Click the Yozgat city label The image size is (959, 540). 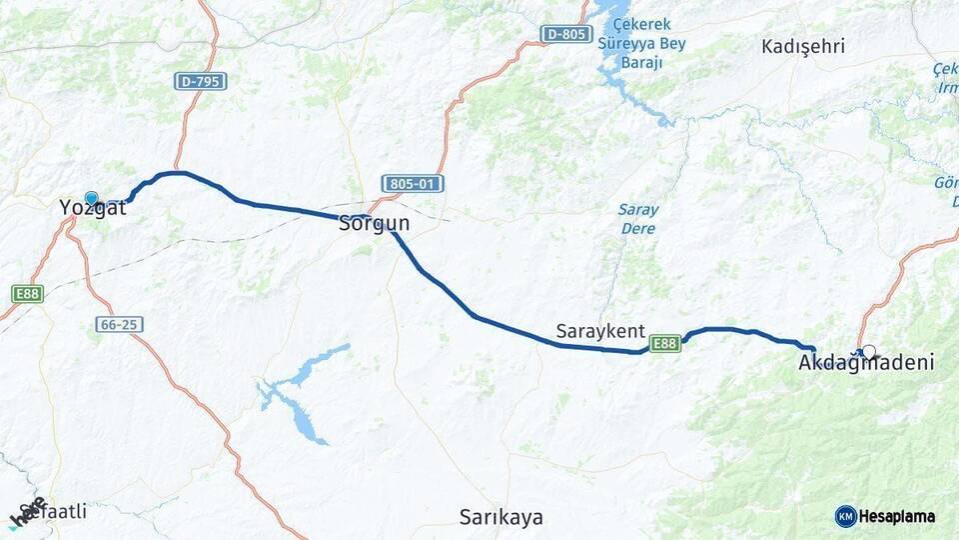point(93,209)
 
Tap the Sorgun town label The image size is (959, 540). point(375,224)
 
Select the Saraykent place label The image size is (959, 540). point(600,331)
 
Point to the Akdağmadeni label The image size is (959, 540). point(866,363)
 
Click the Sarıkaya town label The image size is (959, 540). point(501,517)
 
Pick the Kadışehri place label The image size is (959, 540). point(803,46)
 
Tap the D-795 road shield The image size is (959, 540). point(200,81)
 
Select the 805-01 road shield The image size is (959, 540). point(413,184)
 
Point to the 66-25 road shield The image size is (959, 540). point(120,324)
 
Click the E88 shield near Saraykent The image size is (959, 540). point(665,344)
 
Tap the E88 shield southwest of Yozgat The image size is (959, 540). point(27,294)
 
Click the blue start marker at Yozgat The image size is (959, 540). point(91,198)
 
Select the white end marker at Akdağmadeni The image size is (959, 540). point(869,352)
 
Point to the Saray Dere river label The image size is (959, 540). point(637,219)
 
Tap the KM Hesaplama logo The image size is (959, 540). point(885,516)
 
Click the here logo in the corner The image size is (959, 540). point(28,512)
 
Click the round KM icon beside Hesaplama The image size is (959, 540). point(846,516)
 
